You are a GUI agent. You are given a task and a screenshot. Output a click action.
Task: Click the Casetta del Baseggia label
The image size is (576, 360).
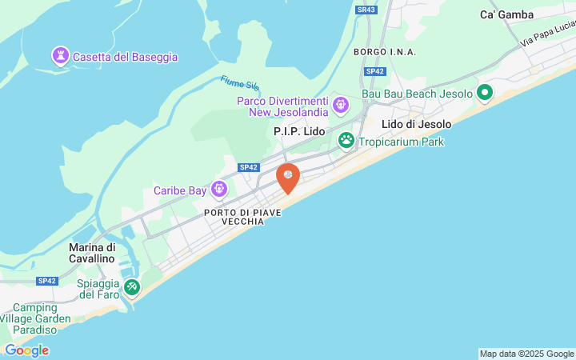[x=125, y=57]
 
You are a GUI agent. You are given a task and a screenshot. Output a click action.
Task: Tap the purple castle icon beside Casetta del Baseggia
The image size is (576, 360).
[x=60, y=56]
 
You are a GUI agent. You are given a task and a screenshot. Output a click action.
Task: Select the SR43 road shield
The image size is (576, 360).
[x=366, y=10]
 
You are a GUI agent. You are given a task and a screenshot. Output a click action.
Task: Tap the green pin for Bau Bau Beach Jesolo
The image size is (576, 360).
[x=485, y=94]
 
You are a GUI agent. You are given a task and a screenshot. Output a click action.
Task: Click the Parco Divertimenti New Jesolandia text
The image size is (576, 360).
[x=282, y=106]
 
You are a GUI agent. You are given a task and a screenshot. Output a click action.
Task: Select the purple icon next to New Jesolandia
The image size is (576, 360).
[x=342, y=104]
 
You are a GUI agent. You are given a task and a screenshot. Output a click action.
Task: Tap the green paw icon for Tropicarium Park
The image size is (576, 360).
[x=346, y=142]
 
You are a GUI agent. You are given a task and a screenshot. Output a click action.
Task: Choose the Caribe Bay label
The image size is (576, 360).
[x=180, y=190]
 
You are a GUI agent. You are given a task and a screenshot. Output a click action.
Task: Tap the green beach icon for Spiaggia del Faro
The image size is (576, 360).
[x=132, y=286]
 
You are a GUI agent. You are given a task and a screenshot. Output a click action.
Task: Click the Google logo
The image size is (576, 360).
[x=26, y=350]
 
